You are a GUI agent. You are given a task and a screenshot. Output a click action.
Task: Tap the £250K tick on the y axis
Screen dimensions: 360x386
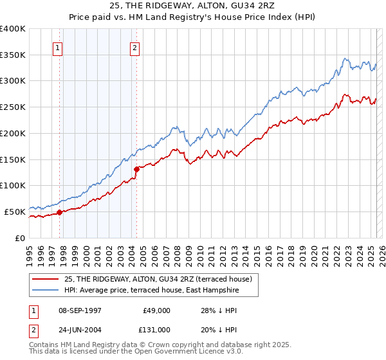click(13, 107)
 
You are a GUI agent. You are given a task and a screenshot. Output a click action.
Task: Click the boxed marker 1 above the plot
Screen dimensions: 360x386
click(58, 47)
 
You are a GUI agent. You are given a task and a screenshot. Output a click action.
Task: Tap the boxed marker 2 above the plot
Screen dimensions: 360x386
click(134, 47)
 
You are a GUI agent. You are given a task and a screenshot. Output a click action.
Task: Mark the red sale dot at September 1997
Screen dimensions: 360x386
click(59, 212)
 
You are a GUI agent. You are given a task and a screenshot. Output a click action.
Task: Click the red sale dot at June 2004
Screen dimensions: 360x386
click(136, 169)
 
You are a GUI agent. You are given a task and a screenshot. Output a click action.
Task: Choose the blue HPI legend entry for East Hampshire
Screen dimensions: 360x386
click(152, 290)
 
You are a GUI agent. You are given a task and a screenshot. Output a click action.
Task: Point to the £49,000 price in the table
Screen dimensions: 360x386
click(155, 310)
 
